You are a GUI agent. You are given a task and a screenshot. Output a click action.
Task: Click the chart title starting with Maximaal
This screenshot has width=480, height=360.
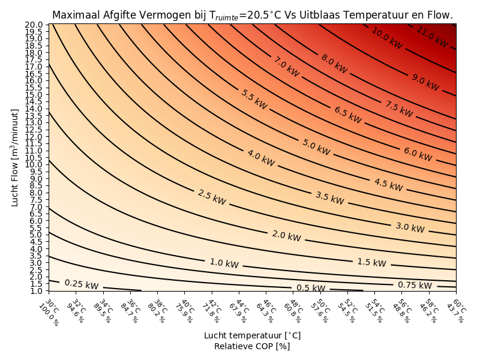(252, 15)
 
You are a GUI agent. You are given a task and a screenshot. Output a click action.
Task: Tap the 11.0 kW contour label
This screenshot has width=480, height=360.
(432, 37)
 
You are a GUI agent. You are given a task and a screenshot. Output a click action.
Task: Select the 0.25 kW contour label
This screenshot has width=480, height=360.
(82, 284)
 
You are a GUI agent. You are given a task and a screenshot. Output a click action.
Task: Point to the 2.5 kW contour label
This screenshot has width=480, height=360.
(212, 197)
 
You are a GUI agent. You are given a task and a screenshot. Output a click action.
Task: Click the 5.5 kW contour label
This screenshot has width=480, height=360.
(254, 99)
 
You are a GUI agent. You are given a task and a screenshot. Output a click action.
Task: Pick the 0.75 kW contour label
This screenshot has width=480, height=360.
(415, 286)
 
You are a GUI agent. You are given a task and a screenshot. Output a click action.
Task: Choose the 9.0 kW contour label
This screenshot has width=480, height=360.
(425, 82)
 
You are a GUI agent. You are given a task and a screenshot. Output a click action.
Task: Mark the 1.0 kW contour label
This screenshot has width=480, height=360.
(224, 263)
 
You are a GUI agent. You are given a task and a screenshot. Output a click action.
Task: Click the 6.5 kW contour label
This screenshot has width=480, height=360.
(347, 115)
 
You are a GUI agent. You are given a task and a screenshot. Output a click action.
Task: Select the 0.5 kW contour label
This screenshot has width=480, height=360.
(311, 288)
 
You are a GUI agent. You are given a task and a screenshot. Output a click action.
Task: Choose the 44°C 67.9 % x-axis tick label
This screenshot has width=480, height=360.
(241, 312)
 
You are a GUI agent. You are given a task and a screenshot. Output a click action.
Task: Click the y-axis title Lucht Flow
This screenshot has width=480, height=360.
(15, 157)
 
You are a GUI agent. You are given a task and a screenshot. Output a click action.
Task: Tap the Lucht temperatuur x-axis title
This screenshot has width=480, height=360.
(252, 335)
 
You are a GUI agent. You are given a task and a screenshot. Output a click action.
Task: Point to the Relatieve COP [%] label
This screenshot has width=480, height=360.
(252, 346)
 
